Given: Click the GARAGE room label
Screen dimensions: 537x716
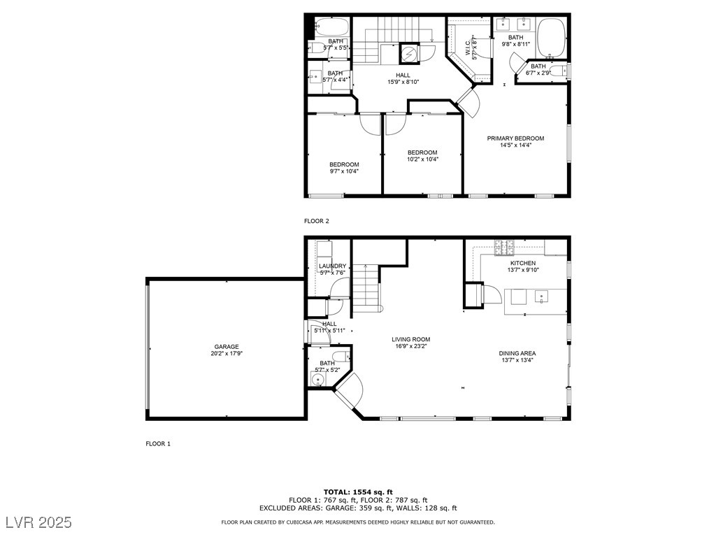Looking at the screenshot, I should tap(227, 347).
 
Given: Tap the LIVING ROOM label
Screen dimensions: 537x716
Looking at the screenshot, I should tap(410, 340).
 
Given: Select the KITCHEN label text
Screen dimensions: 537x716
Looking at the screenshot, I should tap(522, 264).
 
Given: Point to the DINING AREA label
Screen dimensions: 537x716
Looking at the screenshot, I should tap(517, 354).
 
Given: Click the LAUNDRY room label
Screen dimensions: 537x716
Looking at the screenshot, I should tap(332, 266).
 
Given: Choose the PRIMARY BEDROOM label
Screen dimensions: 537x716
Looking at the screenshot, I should tap(515, 138).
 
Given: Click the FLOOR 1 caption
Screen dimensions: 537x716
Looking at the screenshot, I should tap(158, 443).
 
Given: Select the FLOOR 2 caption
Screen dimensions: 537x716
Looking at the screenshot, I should tap(316, 221).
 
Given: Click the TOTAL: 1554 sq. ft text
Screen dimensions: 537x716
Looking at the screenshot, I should tap(358, 492).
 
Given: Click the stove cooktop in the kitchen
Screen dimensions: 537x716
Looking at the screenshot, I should tap(504, 245).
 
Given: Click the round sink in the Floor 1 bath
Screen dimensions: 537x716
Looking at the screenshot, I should tap(319, 380).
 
